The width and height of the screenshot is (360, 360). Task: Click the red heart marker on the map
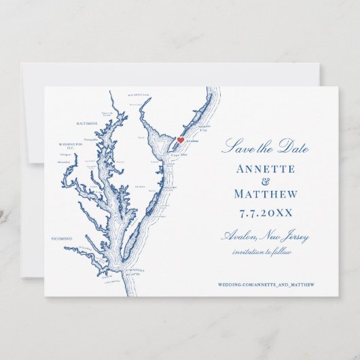(181, 140)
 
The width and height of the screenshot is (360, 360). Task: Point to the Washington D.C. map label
(71, 145)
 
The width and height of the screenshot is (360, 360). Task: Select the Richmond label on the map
(62, 238)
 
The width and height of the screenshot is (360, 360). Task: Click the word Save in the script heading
(234, 147)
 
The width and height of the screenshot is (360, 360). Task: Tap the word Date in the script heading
(293, 148)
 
